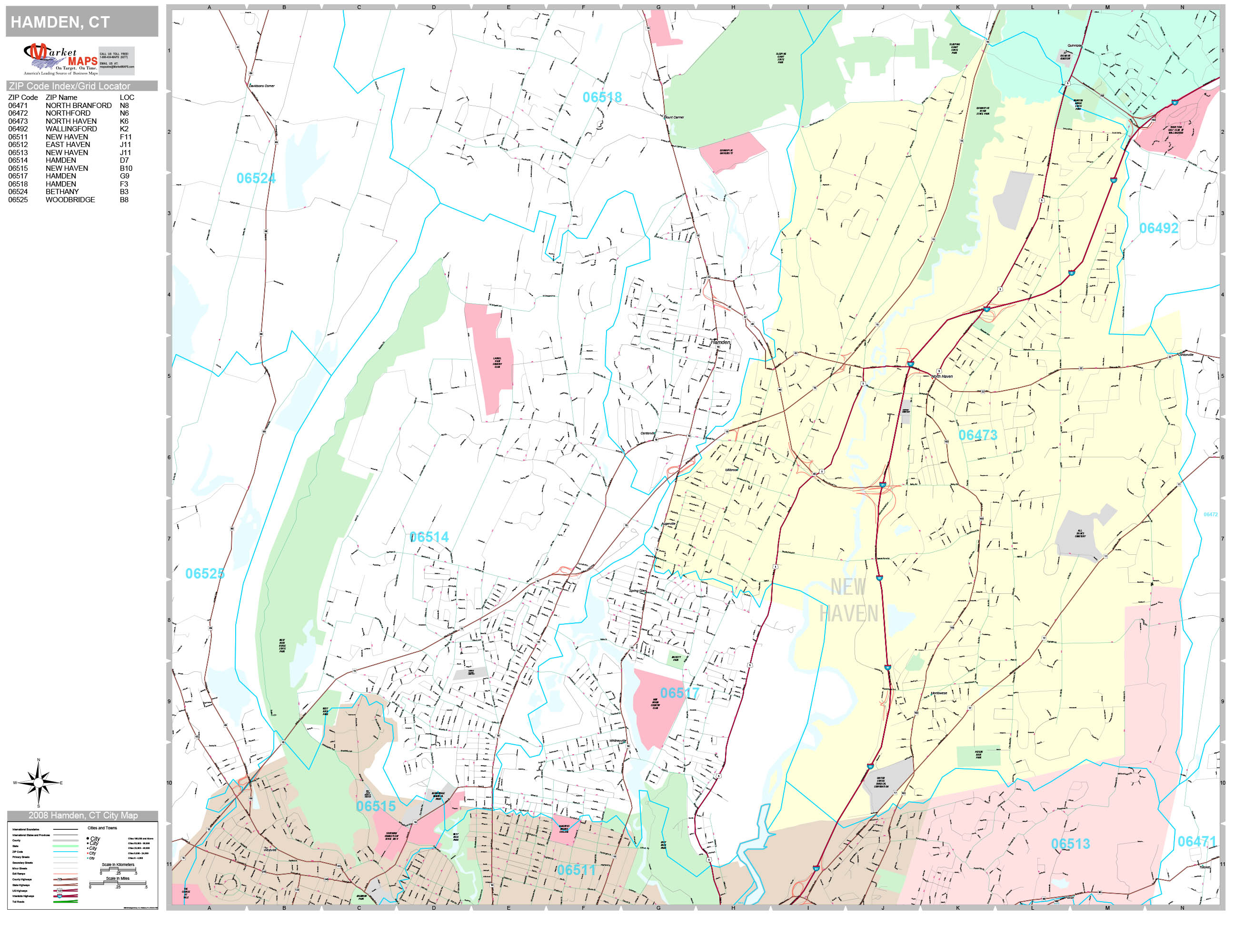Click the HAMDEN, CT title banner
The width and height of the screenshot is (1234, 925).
click(81, 22)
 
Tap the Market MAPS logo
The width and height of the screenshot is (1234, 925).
click(60, 59)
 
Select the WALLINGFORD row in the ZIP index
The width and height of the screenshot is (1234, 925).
click(71, 129)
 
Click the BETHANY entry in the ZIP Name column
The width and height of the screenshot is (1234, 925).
click(62, 191)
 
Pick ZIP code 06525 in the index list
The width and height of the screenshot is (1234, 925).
click(17, 200)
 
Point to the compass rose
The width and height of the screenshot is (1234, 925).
click(38, 783)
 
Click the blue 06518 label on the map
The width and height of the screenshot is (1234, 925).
click(601, 98)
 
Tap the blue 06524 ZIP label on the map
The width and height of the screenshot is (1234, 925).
click(256, 178)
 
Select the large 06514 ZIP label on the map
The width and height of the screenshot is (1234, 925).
click(428, 537)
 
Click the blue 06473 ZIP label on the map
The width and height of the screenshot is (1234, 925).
click(977, 435)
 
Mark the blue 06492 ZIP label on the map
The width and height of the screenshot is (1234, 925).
click(1158, 228)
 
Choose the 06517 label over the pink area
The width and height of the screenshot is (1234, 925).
click(679, 693)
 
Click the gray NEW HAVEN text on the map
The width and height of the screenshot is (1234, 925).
click(848, 600)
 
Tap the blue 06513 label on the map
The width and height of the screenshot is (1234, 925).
click(1070, 844)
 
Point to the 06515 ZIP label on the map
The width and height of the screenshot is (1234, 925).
click(376, 806)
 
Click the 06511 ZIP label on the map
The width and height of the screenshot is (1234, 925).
click(576, 870)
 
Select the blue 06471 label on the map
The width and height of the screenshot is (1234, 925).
click(1196, 841)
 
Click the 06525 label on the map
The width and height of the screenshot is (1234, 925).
click(204, 574)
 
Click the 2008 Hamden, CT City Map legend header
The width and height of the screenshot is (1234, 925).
click(82, 815)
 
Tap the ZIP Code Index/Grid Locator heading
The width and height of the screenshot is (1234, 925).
click(69, 86)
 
